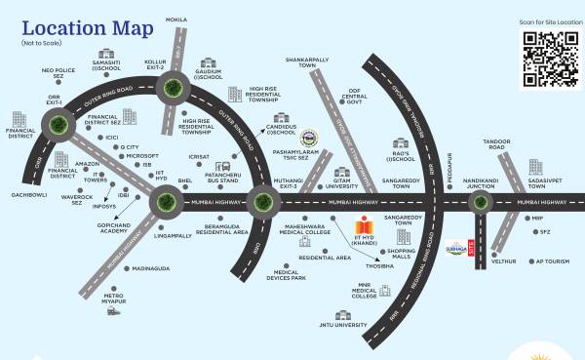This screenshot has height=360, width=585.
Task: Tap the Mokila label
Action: click(x=176, y=19)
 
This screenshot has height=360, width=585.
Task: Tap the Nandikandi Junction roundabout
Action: click(x=478, y=202)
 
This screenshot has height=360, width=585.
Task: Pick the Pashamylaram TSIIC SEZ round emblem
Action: click(x=308, y=139)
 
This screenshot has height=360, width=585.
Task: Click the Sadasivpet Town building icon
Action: click(x=535, y=167)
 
